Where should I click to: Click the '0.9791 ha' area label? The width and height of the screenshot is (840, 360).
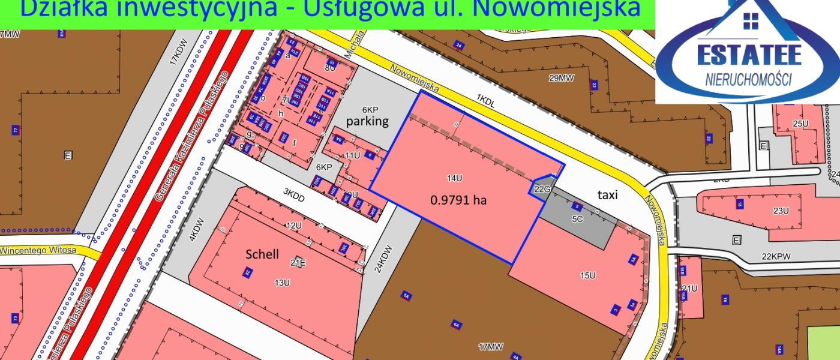[x=458, y=200]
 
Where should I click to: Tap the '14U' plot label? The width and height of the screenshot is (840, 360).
[x=454, y=178]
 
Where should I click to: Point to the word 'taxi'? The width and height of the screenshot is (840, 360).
[x=607, y=194]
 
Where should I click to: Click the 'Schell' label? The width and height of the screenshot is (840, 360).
[x=262, y=254]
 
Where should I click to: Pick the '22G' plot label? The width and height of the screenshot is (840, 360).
[x=542, y=190]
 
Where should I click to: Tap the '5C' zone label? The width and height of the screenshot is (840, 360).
[x=577, y=219]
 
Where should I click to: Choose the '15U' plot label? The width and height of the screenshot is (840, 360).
[x=587, y=275]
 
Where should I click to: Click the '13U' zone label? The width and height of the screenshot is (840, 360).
[x=283, y=282]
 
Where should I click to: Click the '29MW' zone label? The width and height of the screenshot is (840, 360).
[x=562, y=77]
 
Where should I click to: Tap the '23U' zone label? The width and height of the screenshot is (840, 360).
[x=781, y=211]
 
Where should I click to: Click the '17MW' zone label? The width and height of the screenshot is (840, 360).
[x=490, y=346]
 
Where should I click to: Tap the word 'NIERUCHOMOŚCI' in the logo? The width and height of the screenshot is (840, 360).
[x=748, y=79]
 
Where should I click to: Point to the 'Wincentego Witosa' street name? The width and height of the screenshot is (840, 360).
[x=38, y=250]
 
